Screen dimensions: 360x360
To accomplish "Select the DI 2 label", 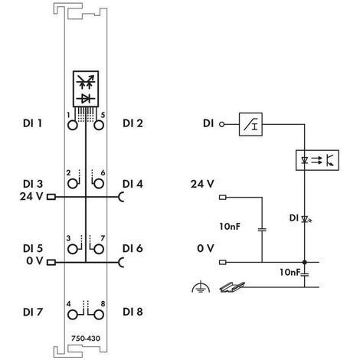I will (x=133, y=123).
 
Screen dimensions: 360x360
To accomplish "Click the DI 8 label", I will (x=133, y=311).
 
